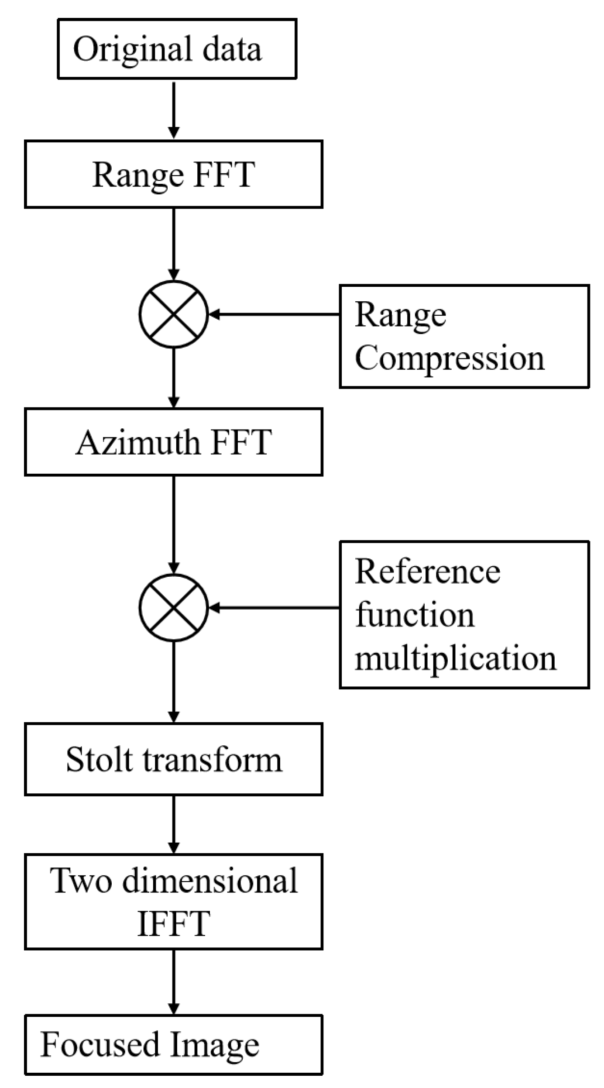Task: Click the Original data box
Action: [177, 49]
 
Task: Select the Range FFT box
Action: [173, 174]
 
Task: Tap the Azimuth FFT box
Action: [173, 442]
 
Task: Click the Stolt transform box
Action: [173, 759]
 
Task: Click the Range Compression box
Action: [464, 336]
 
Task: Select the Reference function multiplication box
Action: [464, 615]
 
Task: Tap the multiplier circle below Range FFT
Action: [174, 314]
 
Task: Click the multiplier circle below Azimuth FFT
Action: [174, 607]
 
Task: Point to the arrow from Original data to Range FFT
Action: [174, 109]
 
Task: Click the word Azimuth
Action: [137, 442]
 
